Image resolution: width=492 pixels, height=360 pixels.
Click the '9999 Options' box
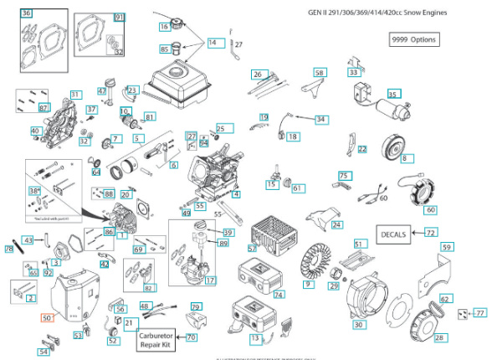click(x=413, y=40)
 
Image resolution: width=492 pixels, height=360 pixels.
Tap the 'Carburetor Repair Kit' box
click(x=160, y=338)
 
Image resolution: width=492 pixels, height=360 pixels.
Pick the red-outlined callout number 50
click(x=47, y=318)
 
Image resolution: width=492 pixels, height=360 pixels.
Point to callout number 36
click(x=27, y=13)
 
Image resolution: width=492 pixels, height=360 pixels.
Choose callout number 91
click(x=119, y=18)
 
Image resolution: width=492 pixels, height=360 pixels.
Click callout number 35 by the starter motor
click(x=392, y=95)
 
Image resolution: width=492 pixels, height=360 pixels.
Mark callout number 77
click(x=479, y=312)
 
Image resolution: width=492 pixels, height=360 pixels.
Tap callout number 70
click(x=192, y=337)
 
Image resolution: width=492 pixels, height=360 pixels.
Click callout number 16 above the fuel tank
click(x=164, y=27)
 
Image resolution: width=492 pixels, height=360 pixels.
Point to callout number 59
click(x=446, y=247)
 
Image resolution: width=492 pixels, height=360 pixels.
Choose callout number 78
click(x=9, y=249)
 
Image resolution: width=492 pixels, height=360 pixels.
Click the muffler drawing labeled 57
click(x=270, y=230)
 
